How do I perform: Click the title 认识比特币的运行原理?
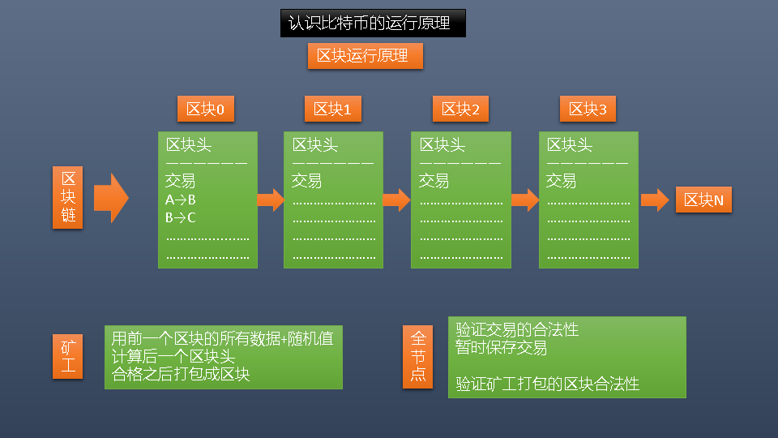(373, 24)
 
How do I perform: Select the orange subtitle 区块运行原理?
(365, 56)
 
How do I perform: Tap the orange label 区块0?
(206, 109)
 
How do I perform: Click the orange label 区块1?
(333, 109)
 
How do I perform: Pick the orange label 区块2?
(460, 109)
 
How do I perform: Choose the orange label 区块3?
(588, 109)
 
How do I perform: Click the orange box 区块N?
(703, 200)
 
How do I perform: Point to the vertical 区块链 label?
(69, 199)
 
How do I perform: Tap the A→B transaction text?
(181, 200)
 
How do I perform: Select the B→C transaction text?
(181, 217)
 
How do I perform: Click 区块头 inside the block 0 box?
(189, 145)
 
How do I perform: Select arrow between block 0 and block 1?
(271, 200)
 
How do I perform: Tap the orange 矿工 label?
(69, 356)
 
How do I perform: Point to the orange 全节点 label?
(418, 356)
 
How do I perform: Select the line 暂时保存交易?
(501, 348)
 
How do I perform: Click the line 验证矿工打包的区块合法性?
(547, 384)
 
